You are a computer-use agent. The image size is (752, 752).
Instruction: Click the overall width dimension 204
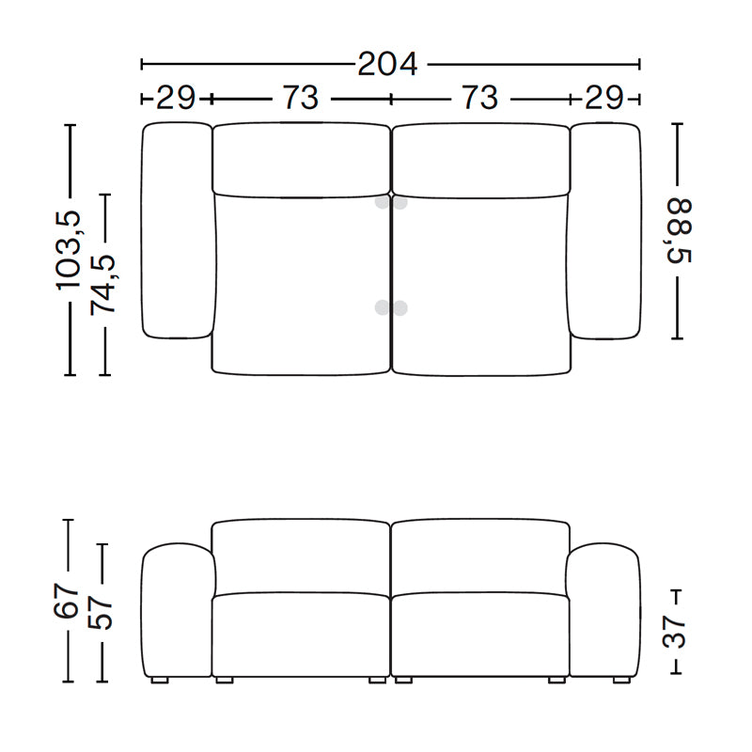pos(387,64)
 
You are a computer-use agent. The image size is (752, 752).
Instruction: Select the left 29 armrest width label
pos(176,98)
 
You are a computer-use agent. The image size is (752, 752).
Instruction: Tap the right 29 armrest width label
pos(603,98)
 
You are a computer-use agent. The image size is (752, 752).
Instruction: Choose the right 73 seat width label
pos(479,98)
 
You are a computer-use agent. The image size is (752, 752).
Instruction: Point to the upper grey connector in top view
pos(390,202)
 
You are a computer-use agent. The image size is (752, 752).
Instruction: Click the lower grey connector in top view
pos(390,307)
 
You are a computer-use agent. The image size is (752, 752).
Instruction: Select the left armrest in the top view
pos(176,230)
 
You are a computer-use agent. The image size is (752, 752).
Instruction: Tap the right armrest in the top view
pos(604,230)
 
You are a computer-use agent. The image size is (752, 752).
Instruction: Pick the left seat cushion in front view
pos(301,634)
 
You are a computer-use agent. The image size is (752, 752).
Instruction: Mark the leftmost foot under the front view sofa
pos(158,678)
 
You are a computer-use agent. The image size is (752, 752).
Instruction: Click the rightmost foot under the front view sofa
pos(620,678)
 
